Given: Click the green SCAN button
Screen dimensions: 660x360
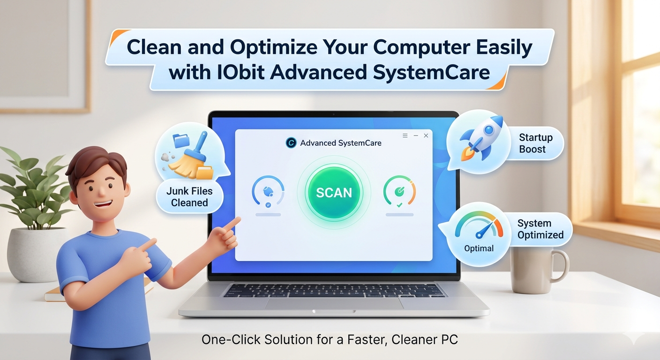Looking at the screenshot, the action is click(x=334, y=192).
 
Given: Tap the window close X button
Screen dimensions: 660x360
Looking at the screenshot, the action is click(x=426, y=135).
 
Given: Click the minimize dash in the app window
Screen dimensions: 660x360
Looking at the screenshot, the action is click(x=416, y=135).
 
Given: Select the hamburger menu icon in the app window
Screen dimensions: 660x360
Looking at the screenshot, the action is click(x=405, y=135).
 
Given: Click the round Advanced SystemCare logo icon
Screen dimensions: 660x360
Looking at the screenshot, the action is click(x=291, y=143).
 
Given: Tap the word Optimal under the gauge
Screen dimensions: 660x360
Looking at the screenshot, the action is click(x=479, y=248).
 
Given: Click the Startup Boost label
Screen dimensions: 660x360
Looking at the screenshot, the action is click(x=535, y=143).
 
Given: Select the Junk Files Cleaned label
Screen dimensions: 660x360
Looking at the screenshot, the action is click(x=189, y=197).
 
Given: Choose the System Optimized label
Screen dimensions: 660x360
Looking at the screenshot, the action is click(x=540, y=229).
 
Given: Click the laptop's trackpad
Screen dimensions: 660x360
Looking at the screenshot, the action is click(x=334, y=303).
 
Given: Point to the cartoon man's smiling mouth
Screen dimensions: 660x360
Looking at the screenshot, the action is click(x=104, y=204).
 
